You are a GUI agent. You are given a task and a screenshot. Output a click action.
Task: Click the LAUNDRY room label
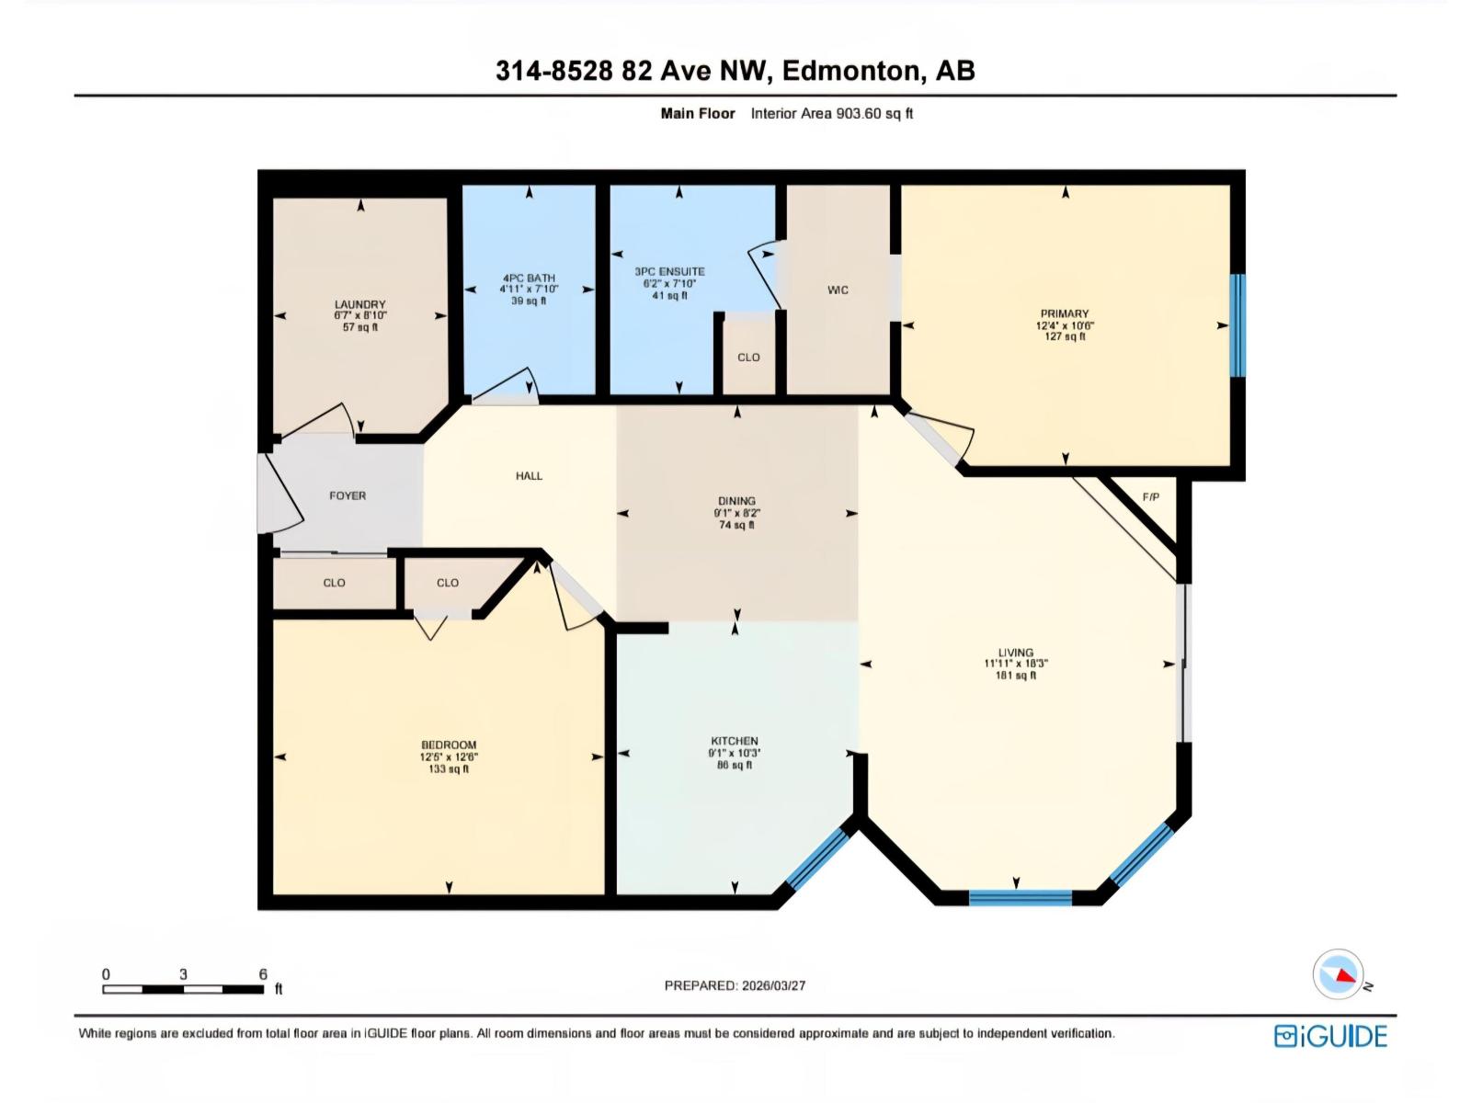[359, 304]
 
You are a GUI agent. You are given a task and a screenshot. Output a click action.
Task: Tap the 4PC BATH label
[529, 278]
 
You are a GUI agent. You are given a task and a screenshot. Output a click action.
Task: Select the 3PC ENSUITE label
[669, 271]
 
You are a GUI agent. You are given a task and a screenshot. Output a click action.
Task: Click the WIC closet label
[838, 290]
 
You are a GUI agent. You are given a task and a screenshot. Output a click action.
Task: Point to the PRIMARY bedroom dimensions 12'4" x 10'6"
[1065, 325]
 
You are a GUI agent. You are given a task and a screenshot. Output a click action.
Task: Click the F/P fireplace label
[1151, 497]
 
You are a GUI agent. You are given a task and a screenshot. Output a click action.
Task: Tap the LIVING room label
[1016, 653]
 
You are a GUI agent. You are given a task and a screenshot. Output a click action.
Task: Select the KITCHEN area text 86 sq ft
[735, 765]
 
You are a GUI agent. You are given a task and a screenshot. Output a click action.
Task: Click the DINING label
[736, 501]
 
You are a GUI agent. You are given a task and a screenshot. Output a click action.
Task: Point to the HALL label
[529, 476]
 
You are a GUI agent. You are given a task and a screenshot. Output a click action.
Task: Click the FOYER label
[348, 495]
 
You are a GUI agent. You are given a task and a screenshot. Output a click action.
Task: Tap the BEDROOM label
[449, 745]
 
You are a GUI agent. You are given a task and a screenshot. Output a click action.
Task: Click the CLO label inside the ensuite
[748, 358]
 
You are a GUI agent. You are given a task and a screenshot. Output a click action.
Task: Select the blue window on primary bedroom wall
[1237, 325]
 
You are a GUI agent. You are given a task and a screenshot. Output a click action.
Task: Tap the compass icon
[1339, 974]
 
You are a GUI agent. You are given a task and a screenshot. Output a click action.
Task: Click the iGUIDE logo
[1330, 1036]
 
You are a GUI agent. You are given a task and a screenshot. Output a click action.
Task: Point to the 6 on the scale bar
[263, 974]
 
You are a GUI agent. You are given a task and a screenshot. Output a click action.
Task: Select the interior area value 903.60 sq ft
[873, 114]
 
